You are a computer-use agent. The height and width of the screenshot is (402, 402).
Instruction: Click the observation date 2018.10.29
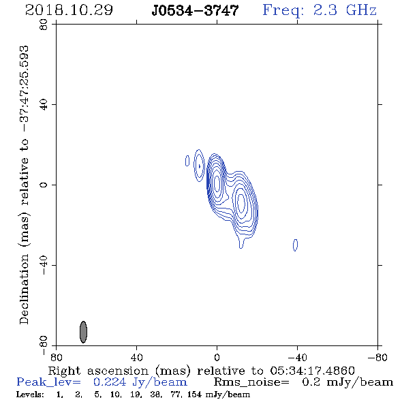point(69,10)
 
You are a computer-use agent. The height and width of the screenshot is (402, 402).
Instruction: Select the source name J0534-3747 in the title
point(195,10)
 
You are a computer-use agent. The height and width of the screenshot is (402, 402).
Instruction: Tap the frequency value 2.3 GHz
point(344,10)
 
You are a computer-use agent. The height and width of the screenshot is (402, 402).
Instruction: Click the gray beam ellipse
point(83,332)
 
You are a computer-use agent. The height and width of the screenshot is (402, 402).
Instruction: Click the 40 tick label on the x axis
point(136,357)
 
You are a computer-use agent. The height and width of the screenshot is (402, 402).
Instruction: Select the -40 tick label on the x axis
point(297,357)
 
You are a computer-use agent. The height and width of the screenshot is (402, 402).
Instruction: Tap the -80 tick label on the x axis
point(377,357)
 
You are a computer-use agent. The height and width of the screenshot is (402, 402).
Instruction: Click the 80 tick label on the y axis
point(44,25)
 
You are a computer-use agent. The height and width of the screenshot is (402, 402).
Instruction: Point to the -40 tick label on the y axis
point(44,265)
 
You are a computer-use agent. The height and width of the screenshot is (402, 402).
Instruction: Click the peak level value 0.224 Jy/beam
point(140,382)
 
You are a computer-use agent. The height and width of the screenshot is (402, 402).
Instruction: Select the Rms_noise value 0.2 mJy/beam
point(347,382)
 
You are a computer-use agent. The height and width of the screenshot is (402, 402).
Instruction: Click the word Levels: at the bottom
point(30,395)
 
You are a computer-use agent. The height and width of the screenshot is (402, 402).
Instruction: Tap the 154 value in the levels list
point(194,395)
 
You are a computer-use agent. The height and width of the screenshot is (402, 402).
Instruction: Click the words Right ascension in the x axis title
point(98,371)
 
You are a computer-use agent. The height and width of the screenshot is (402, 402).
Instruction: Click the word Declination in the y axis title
point(24,289)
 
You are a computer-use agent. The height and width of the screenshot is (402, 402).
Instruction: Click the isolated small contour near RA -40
point(295,245)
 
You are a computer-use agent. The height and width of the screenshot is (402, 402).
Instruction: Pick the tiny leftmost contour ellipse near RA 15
point(187,161)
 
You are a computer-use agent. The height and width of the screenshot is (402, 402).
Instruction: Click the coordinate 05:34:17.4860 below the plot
point(312,371)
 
